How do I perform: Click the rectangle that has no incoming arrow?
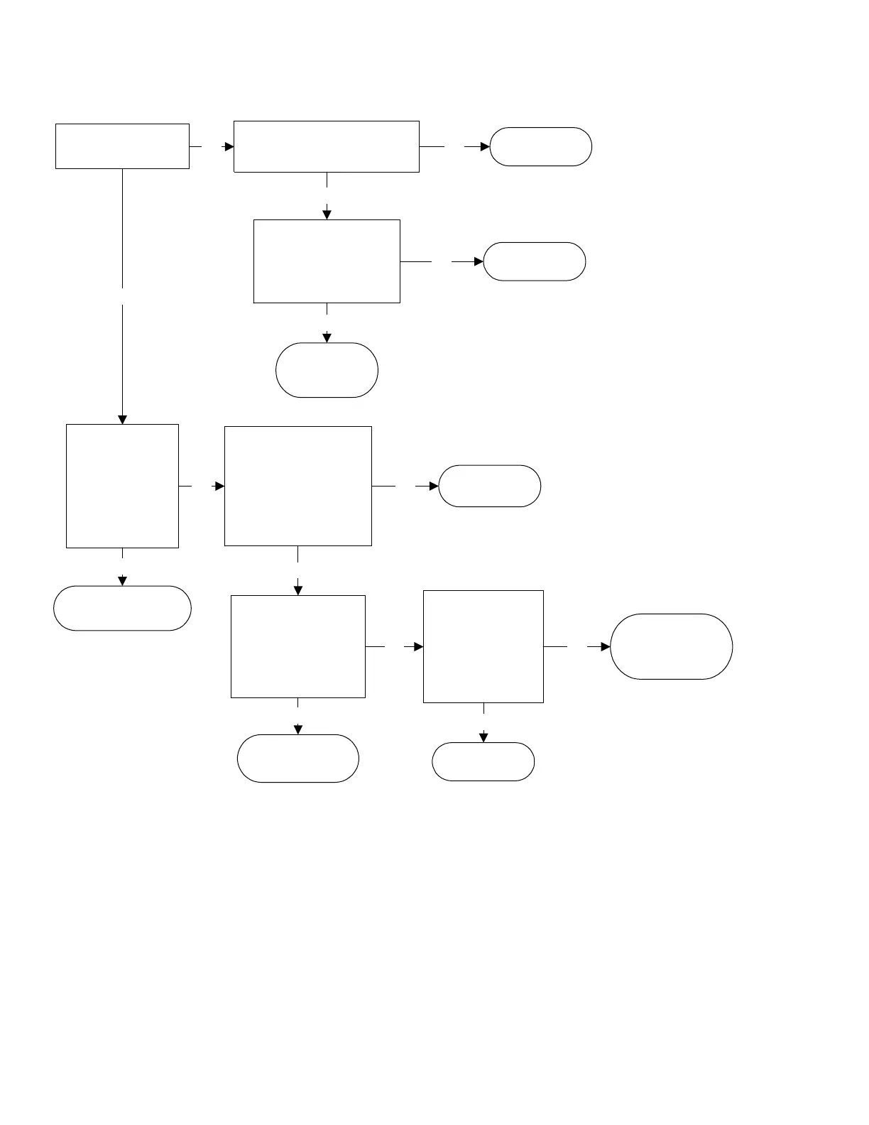point(122,146)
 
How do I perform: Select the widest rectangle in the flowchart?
point(327,146)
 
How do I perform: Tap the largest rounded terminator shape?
point(671,646)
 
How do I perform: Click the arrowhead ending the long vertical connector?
point(122,419)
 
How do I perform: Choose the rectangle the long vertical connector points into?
point(122,486)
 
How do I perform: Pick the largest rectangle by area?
point(298,486)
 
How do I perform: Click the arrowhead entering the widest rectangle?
point(229,146)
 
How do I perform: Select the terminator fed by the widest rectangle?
point(540,146)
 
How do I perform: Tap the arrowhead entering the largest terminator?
point(606,647)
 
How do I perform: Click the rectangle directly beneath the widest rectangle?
point(327,261)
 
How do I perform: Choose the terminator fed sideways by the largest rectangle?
point(490,486)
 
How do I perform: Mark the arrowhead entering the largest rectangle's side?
point(220,486)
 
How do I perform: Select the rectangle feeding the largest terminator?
point(483,646)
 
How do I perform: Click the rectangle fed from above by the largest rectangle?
point(298,646)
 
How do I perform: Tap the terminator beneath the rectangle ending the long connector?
point(122,608)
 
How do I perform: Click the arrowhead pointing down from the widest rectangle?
point(327,214)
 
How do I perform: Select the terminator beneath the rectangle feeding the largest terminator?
point(483,761)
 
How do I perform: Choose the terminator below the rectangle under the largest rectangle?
point(298,759)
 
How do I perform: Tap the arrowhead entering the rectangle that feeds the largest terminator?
point(419,647)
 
